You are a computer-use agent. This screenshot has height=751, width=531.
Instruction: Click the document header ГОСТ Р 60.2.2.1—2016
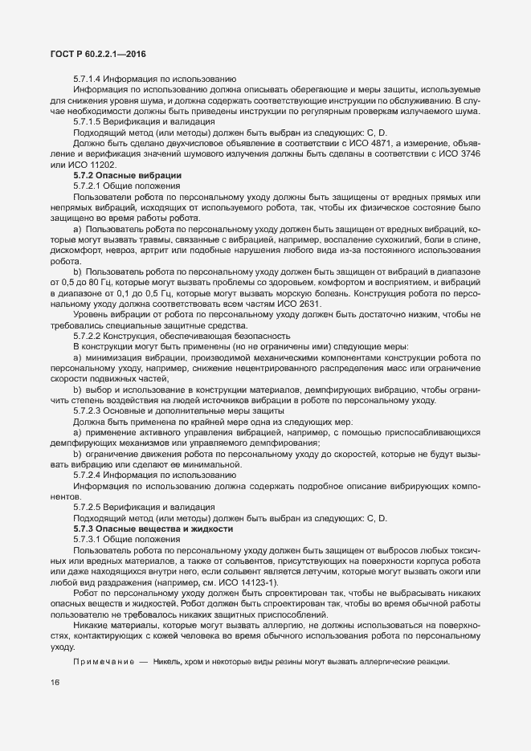tap(93, 55)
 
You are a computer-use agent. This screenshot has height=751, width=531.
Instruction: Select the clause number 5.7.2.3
tap(90, 410)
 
